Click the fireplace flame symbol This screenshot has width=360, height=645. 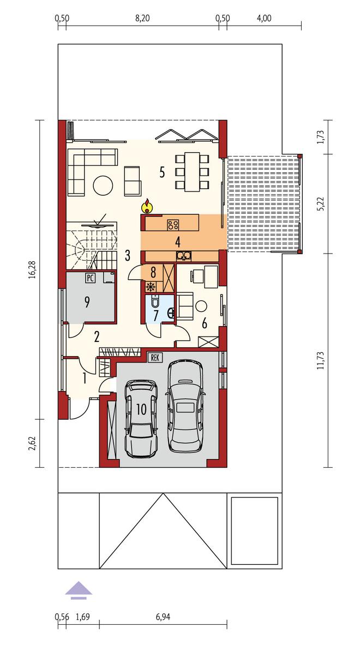pos(147,206)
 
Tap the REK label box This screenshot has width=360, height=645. pos(155,358)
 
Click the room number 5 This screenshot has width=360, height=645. pos(163,172)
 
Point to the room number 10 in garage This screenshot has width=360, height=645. pos(141,409)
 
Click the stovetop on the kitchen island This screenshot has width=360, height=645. pos(173,225)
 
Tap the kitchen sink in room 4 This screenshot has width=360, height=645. pos(183,256)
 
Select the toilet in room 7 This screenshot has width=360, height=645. pos(155,302)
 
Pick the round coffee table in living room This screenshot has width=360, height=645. pos(103,185)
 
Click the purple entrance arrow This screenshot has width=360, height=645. pos(79,589)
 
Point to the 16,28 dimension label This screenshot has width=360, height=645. pos(31,269)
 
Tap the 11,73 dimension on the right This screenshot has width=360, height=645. pos(321,360)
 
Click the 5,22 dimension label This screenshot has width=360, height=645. pos(321,203)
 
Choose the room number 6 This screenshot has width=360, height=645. pos(205,323)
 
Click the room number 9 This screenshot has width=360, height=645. pos(87,303)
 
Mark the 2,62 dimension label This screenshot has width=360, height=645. pos(31,443)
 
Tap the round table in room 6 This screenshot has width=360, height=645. pos(201,306)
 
